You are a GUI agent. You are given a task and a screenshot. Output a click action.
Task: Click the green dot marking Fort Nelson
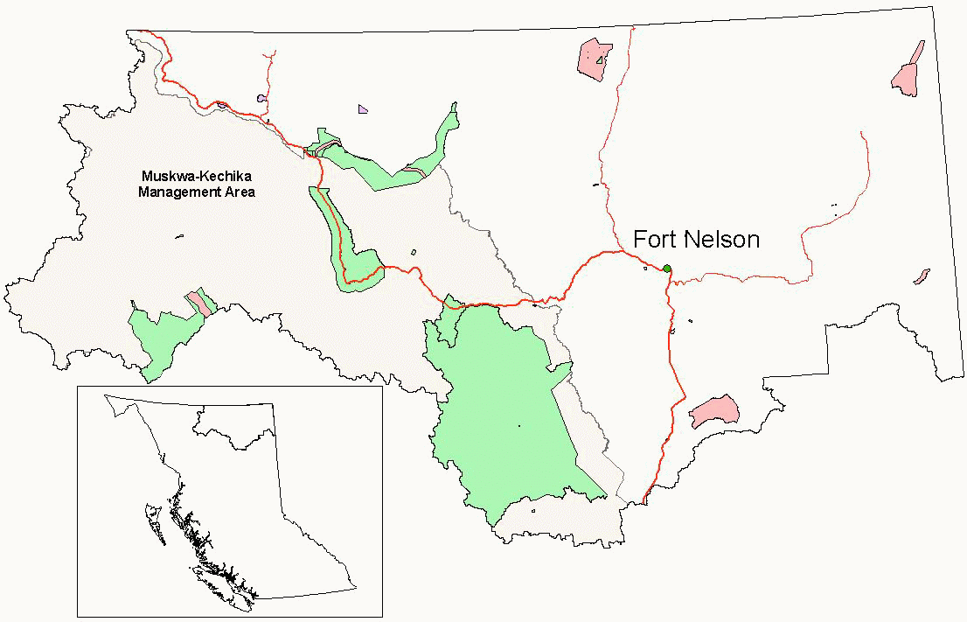pos(667,269)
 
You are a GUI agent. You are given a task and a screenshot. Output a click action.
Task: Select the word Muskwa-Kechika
pos(197,177)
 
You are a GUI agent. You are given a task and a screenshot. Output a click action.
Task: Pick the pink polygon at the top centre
pos(595,59)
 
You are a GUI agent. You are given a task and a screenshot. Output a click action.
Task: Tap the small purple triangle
pos(363,109)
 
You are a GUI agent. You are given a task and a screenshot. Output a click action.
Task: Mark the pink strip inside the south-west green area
pos(199,303)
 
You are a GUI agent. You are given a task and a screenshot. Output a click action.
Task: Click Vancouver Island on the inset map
pos(223,583)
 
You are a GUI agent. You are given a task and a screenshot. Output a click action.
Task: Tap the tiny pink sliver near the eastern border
pos(921,276)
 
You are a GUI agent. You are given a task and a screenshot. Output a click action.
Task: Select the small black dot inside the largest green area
pos(518,426)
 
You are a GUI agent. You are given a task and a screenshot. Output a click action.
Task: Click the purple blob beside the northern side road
pos(261,99)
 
